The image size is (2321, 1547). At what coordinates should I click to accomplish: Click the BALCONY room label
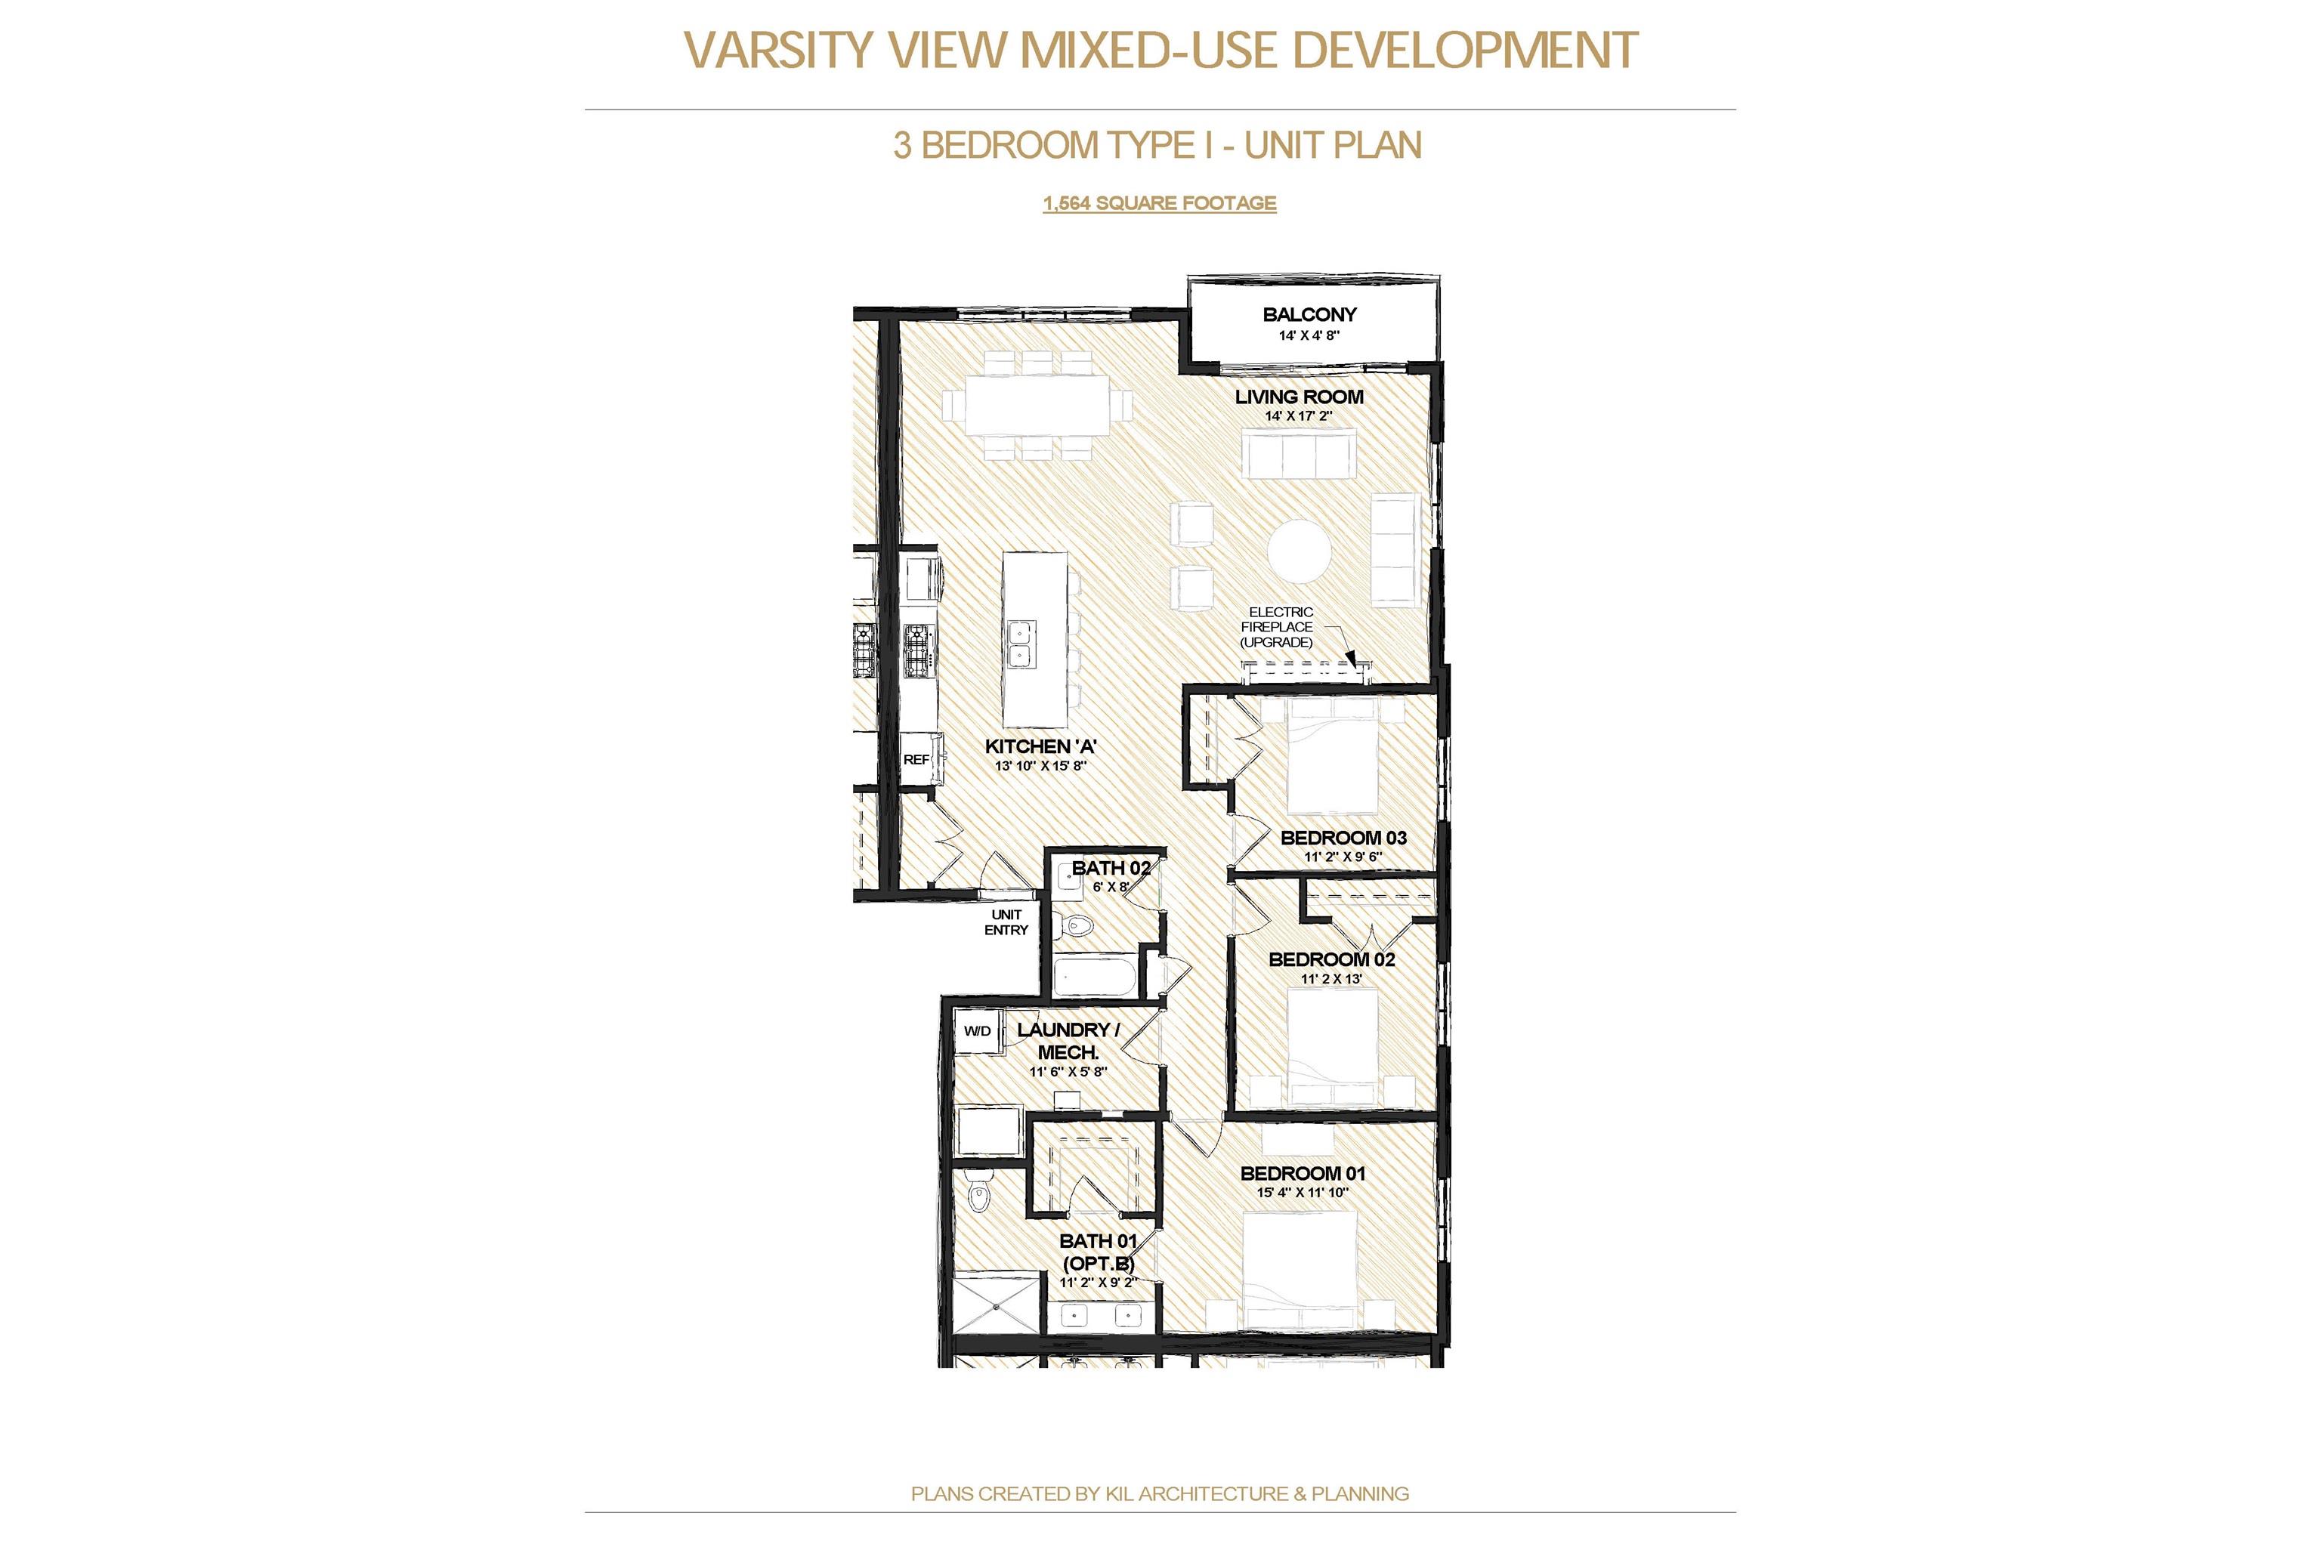(1309, 315)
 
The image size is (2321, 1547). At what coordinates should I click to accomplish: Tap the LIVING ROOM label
(1299, 397)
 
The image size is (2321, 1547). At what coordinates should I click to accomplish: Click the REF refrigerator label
(916, 760)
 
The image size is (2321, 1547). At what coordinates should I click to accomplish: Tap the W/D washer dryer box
(977, 1031)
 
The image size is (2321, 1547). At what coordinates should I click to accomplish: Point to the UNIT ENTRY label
(1006, 922)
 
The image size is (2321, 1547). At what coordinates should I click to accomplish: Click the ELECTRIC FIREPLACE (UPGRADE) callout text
(1277, 628)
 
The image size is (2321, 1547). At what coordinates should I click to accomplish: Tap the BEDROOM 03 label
(1343, 838)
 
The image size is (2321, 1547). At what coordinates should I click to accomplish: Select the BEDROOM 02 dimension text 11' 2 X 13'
(1331, 979)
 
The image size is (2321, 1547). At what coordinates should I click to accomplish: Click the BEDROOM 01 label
(1303, 1173)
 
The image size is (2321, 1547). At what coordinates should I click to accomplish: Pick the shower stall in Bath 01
(997, 1305)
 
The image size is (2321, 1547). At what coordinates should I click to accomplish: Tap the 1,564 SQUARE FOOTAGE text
(1160, 202)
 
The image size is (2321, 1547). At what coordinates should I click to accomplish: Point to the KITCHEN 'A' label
(1041, 747)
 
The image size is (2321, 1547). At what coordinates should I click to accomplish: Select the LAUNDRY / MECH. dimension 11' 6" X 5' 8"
(1068, 1071)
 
